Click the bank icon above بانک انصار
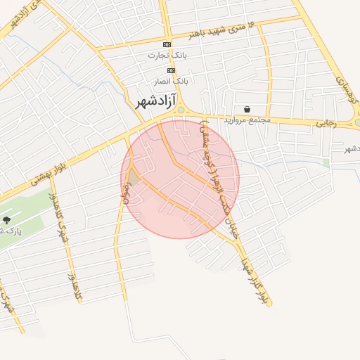(x=170, y=70)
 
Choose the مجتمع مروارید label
(x=247, y=120)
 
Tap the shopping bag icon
(x=247, y=109)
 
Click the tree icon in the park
(x=6, y=220)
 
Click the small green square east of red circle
(x=326, y=163)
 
